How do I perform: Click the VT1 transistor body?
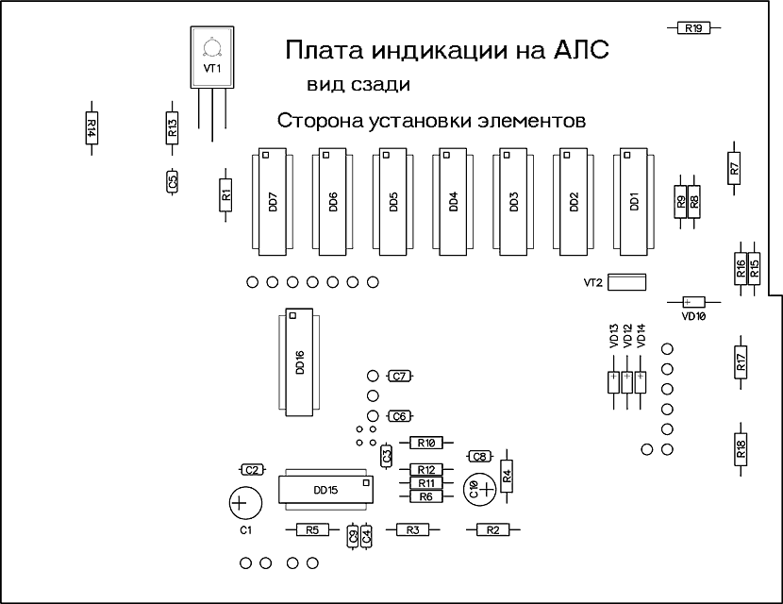click(211, 57)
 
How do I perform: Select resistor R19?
click(693, 28)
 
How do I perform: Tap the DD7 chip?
click(272, 202)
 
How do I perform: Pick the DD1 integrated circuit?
click(634, 202)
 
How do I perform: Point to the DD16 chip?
click(299, 362)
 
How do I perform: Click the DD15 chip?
click(325, 490)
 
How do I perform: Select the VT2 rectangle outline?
click(628, 282)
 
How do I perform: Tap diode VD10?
click(693, 302)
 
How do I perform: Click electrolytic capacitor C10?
click(479, 490)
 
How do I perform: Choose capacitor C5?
click(173, 181)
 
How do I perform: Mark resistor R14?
click(92, 127)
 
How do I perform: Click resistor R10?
click(426, 443)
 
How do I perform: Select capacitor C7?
click(399, 377)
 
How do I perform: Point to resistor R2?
click(492, 529)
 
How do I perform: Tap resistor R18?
click(741, 449)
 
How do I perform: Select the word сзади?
click(381, 85)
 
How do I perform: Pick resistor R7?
click(734, 168)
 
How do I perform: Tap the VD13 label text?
click(614, 335)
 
